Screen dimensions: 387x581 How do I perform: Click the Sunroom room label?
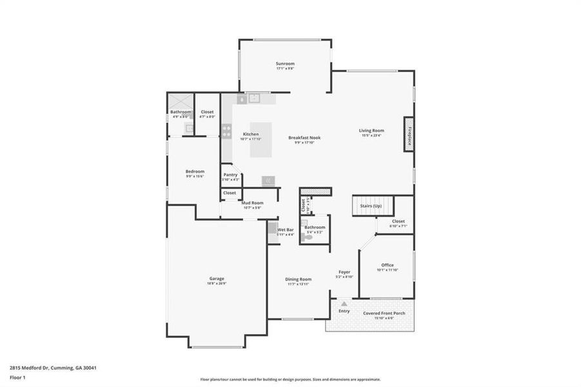(x=285, y=63)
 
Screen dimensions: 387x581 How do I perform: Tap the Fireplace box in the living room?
(x=409, y=134)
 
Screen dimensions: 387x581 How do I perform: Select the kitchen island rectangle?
(x=261, y=140)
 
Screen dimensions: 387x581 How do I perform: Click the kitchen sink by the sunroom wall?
(x=254, y=99)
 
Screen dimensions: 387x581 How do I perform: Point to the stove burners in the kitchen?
(x=227, y=131)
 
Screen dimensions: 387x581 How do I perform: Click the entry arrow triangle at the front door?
(x=344, y=303)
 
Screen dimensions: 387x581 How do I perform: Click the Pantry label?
(x=230, y=175)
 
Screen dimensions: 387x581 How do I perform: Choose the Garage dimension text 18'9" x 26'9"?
(x=216, y=283)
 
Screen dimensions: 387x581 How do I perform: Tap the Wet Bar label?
(x=285, y=230)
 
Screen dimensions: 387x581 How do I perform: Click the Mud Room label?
(x=252, y=203)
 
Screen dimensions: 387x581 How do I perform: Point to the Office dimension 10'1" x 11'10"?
(x=387, y=270)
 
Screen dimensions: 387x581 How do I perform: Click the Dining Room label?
(x=299, y=279)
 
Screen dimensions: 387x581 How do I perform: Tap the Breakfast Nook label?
(x=304, y=137)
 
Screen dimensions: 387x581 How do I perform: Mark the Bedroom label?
(x=195, y=171)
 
